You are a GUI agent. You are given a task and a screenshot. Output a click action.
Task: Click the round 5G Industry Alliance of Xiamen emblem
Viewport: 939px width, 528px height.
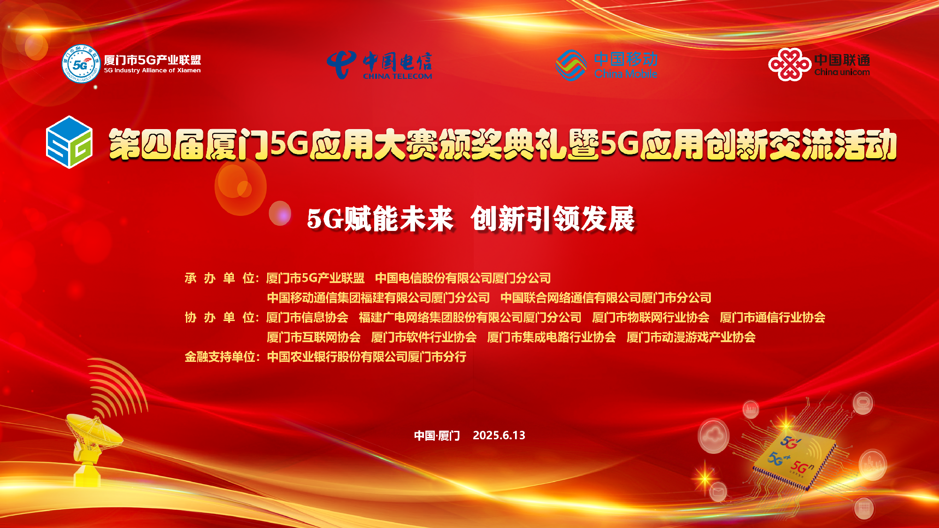(81, 64)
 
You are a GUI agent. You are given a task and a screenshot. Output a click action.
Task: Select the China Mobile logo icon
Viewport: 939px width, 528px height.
(571, 65)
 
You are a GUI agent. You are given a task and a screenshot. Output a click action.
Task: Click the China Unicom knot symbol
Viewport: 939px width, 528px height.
(790, 64)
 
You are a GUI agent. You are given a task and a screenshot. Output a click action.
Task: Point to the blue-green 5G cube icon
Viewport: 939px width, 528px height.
(69, 142)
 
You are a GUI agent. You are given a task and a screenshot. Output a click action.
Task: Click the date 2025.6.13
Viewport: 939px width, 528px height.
(499, 435)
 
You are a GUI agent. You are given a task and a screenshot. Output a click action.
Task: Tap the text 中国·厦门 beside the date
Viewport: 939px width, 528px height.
(437, 436)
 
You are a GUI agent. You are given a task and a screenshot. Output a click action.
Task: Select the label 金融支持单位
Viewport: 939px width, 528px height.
(220, 357)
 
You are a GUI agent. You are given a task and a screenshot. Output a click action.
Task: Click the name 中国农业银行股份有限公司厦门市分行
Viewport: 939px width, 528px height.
(367, 357)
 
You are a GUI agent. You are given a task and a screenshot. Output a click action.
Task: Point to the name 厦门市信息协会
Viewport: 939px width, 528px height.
(308, 317)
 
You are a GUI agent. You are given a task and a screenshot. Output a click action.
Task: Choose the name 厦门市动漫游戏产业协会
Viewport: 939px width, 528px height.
(691, 337)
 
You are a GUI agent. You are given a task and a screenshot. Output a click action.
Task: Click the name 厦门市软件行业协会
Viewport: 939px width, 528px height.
(424, 337)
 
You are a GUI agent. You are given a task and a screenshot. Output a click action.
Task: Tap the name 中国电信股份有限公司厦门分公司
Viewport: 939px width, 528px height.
(463, 278)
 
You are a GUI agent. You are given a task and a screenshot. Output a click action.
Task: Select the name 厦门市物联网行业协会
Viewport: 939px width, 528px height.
(651, 317)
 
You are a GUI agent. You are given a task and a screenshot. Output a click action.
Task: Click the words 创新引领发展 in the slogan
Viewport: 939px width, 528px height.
(553, 219)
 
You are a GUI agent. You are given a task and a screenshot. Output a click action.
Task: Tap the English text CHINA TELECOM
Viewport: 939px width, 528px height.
(397, 76)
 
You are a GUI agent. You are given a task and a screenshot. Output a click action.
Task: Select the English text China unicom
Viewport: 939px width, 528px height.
(842, 72)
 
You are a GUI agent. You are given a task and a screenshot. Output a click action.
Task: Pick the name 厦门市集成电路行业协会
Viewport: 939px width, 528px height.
(552, 337)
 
